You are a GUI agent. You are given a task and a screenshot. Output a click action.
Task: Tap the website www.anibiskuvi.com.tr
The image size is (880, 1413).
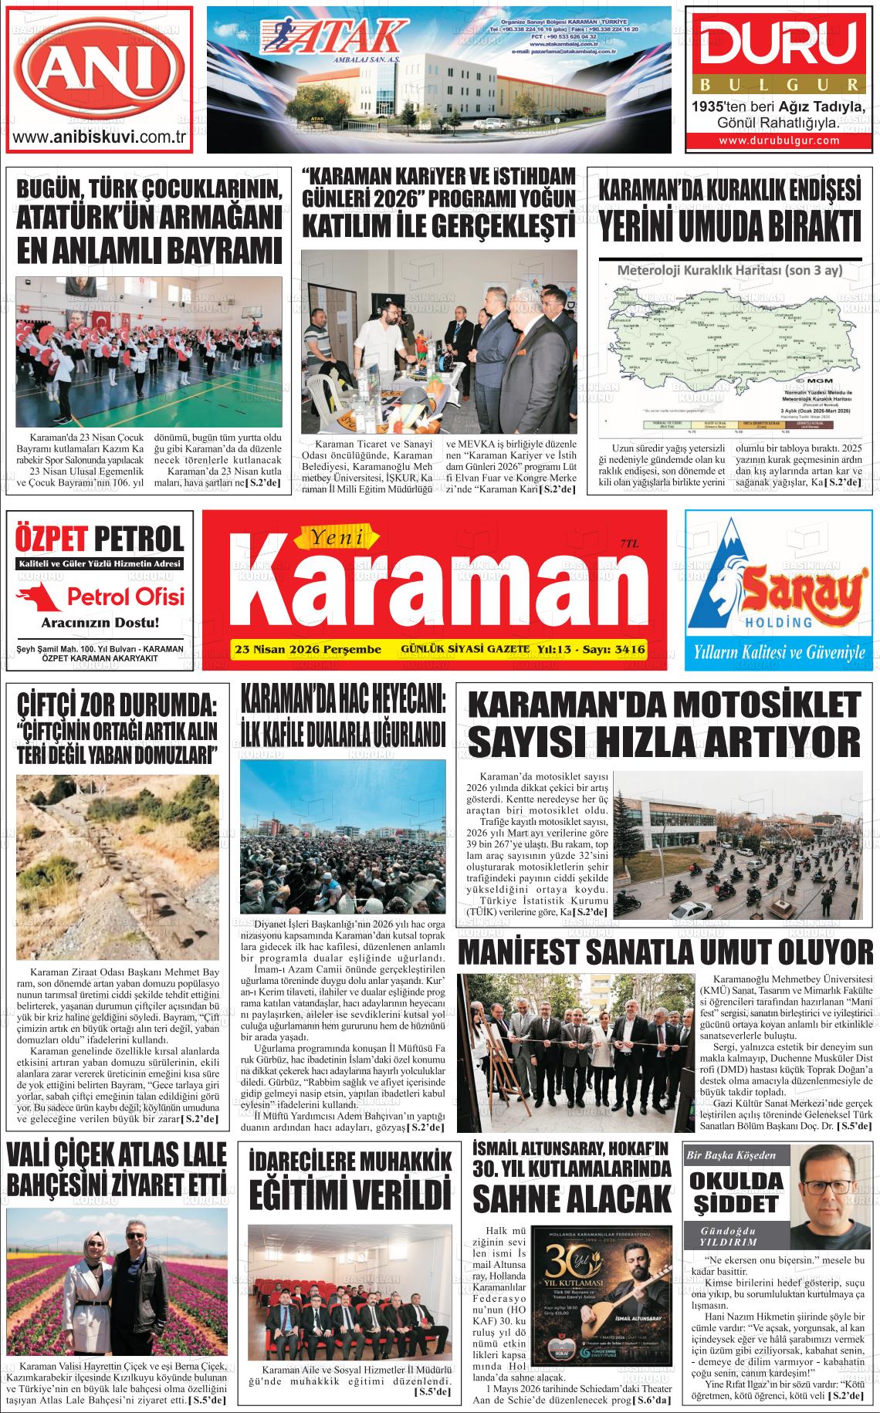coord(99,138)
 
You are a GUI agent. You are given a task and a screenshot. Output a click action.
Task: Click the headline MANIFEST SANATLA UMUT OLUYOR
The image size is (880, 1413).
coord(665,952)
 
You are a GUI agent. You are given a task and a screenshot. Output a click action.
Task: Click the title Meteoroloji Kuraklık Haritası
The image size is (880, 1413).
coord(729,271)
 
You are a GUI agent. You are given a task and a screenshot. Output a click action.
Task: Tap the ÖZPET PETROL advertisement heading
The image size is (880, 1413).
coord(100,538)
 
